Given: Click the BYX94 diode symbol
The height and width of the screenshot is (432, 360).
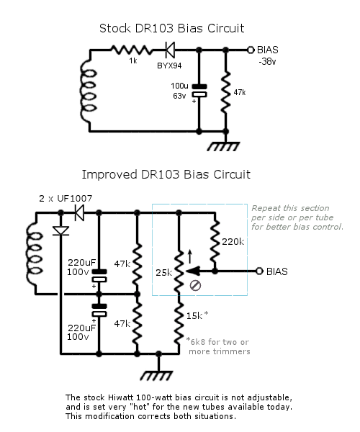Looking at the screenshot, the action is pos(170,50).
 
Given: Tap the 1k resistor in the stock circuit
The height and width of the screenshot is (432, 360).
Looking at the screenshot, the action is pos(131,50).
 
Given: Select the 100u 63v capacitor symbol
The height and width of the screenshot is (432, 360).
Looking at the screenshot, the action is pos(199,91).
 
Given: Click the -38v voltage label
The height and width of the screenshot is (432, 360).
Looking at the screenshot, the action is pos(267,61).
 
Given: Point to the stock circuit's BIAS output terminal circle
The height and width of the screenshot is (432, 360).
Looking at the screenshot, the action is pos(251,50).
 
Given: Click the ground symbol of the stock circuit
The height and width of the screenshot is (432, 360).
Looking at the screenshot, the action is pos(224,146).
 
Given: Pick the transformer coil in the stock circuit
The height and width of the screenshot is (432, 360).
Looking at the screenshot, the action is pos(89,91).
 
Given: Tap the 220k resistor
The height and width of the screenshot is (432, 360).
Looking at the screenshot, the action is pos(215,241).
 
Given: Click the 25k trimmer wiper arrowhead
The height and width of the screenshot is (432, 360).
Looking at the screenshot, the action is pos(193,271).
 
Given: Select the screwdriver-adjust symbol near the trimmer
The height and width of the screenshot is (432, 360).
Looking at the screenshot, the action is pos(196,285).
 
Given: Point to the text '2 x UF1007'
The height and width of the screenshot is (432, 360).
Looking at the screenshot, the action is pos(66,199).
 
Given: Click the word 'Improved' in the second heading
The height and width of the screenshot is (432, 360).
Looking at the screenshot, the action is pos(109,175).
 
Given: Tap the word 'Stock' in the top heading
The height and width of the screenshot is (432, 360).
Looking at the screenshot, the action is pos(115,28).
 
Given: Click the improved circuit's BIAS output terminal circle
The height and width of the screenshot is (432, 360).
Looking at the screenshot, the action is pos(259,271).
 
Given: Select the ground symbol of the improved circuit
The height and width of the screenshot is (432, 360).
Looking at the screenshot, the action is pos(156,376).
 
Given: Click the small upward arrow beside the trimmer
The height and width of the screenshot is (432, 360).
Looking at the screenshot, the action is pos(190,256).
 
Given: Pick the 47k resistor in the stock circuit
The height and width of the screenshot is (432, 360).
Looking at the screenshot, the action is pos(225,92).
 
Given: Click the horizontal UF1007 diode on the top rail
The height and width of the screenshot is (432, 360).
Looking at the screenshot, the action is pos(80,212).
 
